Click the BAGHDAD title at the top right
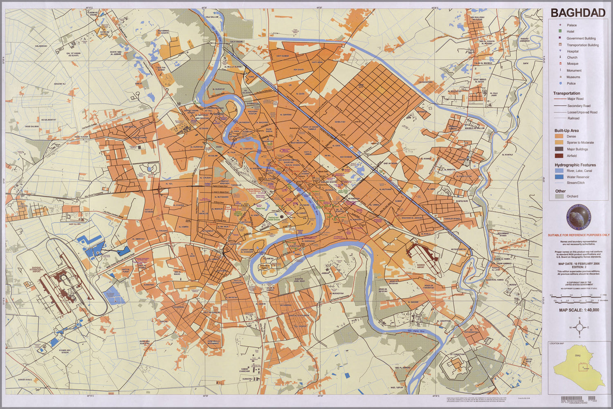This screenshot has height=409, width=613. (577, 13)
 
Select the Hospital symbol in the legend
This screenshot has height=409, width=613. (555, 51)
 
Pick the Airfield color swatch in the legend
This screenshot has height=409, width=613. (559, 156)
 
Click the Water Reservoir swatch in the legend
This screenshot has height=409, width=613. (559, 177)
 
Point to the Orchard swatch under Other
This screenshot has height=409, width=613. (559, 196)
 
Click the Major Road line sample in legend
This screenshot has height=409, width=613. (560, 99)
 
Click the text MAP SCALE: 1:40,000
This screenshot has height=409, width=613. (579, 310)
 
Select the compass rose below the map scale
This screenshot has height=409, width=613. (579, 327)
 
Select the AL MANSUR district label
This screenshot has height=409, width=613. (216, 209)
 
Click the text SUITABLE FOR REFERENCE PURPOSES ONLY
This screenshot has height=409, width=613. (578, 235)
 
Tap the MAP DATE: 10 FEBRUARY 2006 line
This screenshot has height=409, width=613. (578, 264)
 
